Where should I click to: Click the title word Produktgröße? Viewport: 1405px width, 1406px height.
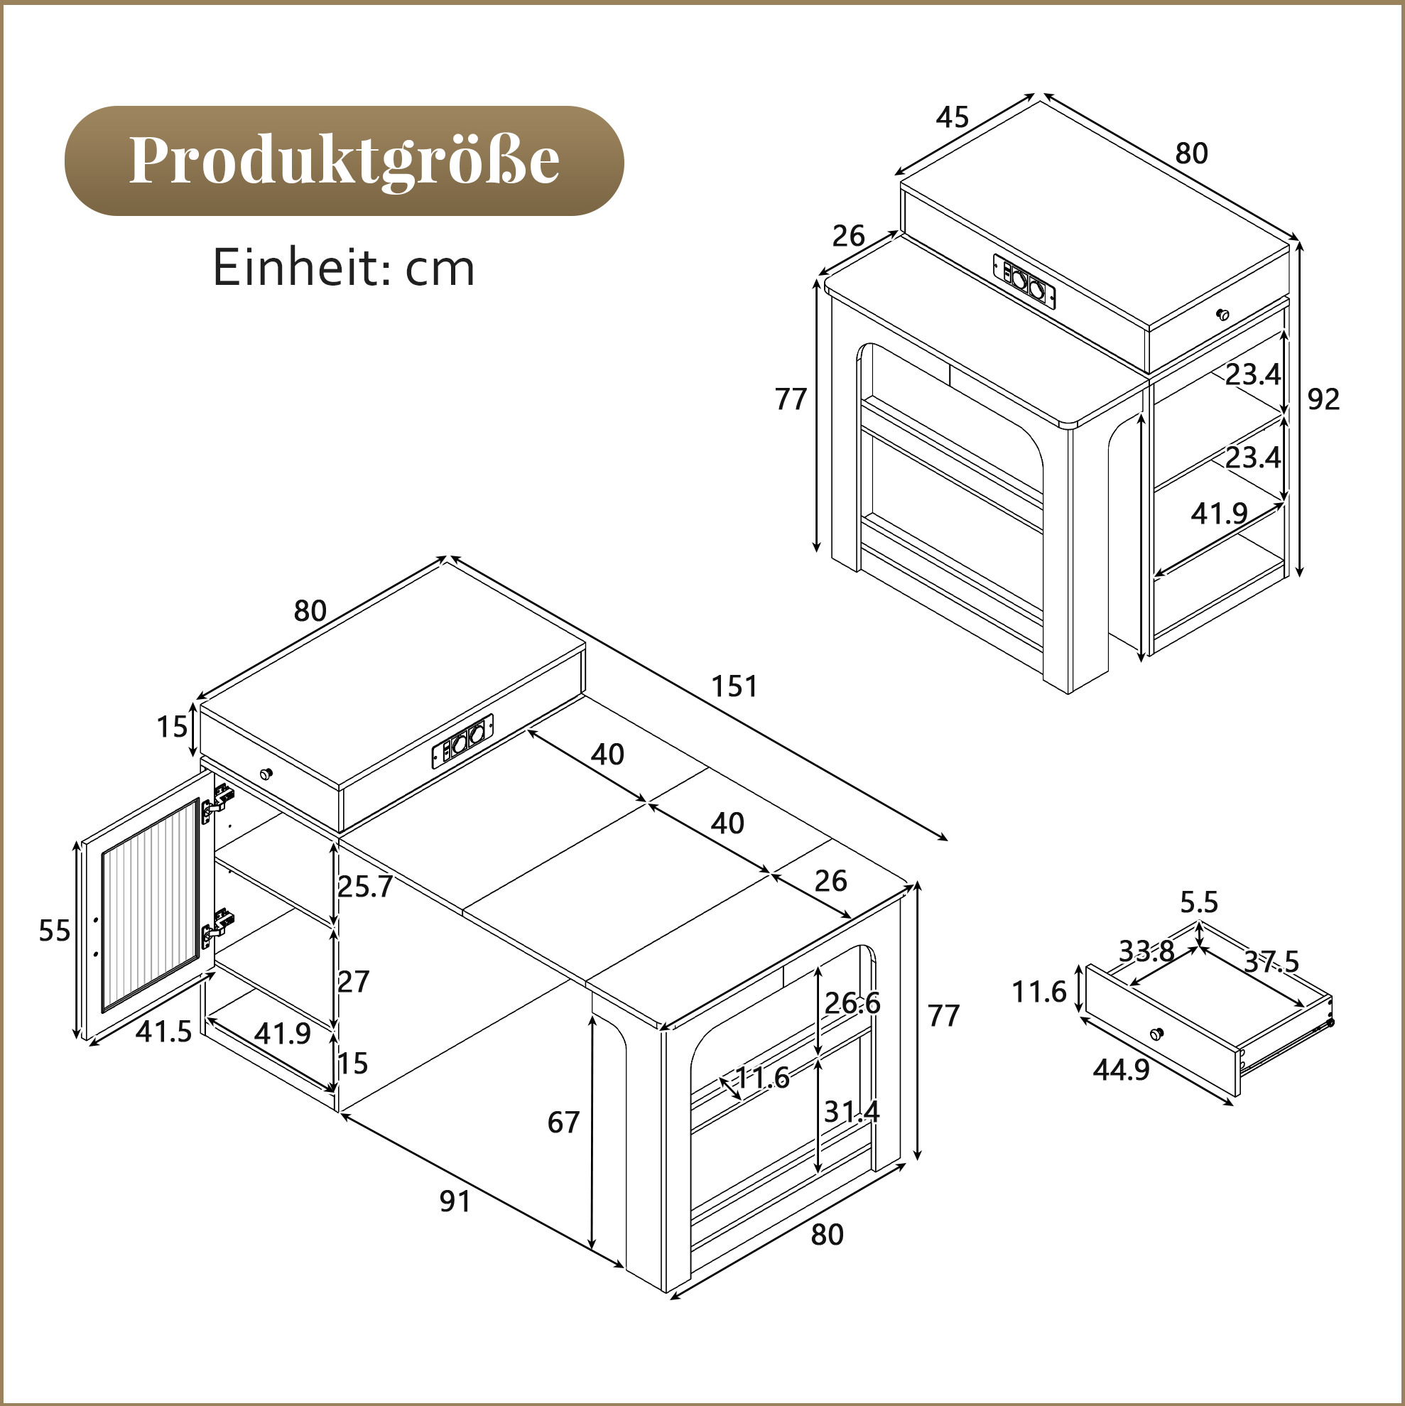point(345,161)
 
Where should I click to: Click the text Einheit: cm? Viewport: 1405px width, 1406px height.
point(343,268)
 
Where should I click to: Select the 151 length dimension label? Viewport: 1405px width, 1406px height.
point(734,686)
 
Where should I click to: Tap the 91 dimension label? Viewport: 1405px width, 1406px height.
point(455,1201)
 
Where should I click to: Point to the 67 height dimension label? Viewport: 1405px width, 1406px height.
point(563,1123)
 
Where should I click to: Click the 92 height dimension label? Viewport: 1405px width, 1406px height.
point(1323,399)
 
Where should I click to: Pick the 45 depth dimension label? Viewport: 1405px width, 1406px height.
point(953,117)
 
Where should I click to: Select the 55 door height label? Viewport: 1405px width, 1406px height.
point(55,930)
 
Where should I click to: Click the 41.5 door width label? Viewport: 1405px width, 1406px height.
point(163,1031)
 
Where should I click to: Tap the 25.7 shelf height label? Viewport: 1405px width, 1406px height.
point(365,887)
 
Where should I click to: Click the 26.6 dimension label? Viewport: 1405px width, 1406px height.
point(852,1004)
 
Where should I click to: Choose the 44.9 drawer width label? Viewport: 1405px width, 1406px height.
point(1122,1069)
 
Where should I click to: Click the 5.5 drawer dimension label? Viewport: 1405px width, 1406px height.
point(1199,902)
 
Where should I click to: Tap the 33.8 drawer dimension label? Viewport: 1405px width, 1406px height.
point(1146,951)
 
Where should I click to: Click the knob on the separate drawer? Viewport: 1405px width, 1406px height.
point(1156,1034)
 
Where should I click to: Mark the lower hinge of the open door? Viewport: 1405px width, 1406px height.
point(217,926)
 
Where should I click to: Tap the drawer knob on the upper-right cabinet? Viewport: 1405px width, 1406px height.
point(1223,315)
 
